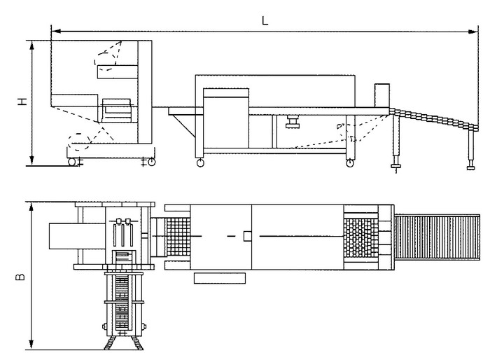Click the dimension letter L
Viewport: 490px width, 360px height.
click(265, 20)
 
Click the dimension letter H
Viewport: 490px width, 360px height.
click(23, 102)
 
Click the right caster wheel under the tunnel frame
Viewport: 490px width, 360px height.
click(349, 164)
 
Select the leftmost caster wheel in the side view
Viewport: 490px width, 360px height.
click(71, 162)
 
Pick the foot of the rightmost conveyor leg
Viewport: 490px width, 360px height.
click(470, 167)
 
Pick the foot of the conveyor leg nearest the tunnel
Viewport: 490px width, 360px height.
click(396, 167)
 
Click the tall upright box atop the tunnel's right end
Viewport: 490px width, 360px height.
click(381, 96)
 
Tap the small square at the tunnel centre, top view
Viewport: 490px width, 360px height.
click(246, 235)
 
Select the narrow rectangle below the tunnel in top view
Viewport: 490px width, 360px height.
click(220, 279)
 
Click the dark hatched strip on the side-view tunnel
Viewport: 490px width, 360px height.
click(225, 91)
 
